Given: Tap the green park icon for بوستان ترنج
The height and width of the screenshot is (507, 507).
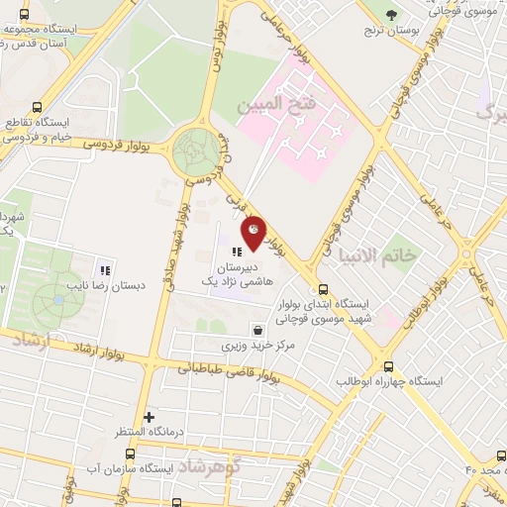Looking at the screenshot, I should tap(393, 14).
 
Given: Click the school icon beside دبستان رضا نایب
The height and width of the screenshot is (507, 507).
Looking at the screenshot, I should tap(104, 269).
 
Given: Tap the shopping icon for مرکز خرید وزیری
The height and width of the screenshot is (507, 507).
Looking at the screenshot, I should tap(257, 330).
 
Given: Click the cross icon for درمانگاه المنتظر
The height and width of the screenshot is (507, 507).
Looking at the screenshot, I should tap(150, 417).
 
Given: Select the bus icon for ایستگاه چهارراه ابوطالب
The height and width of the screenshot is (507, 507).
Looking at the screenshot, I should tap(388, 364).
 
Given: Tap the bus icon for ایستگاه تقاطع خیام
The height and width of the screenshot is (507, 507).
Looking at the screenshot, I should tap(38, 108).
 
